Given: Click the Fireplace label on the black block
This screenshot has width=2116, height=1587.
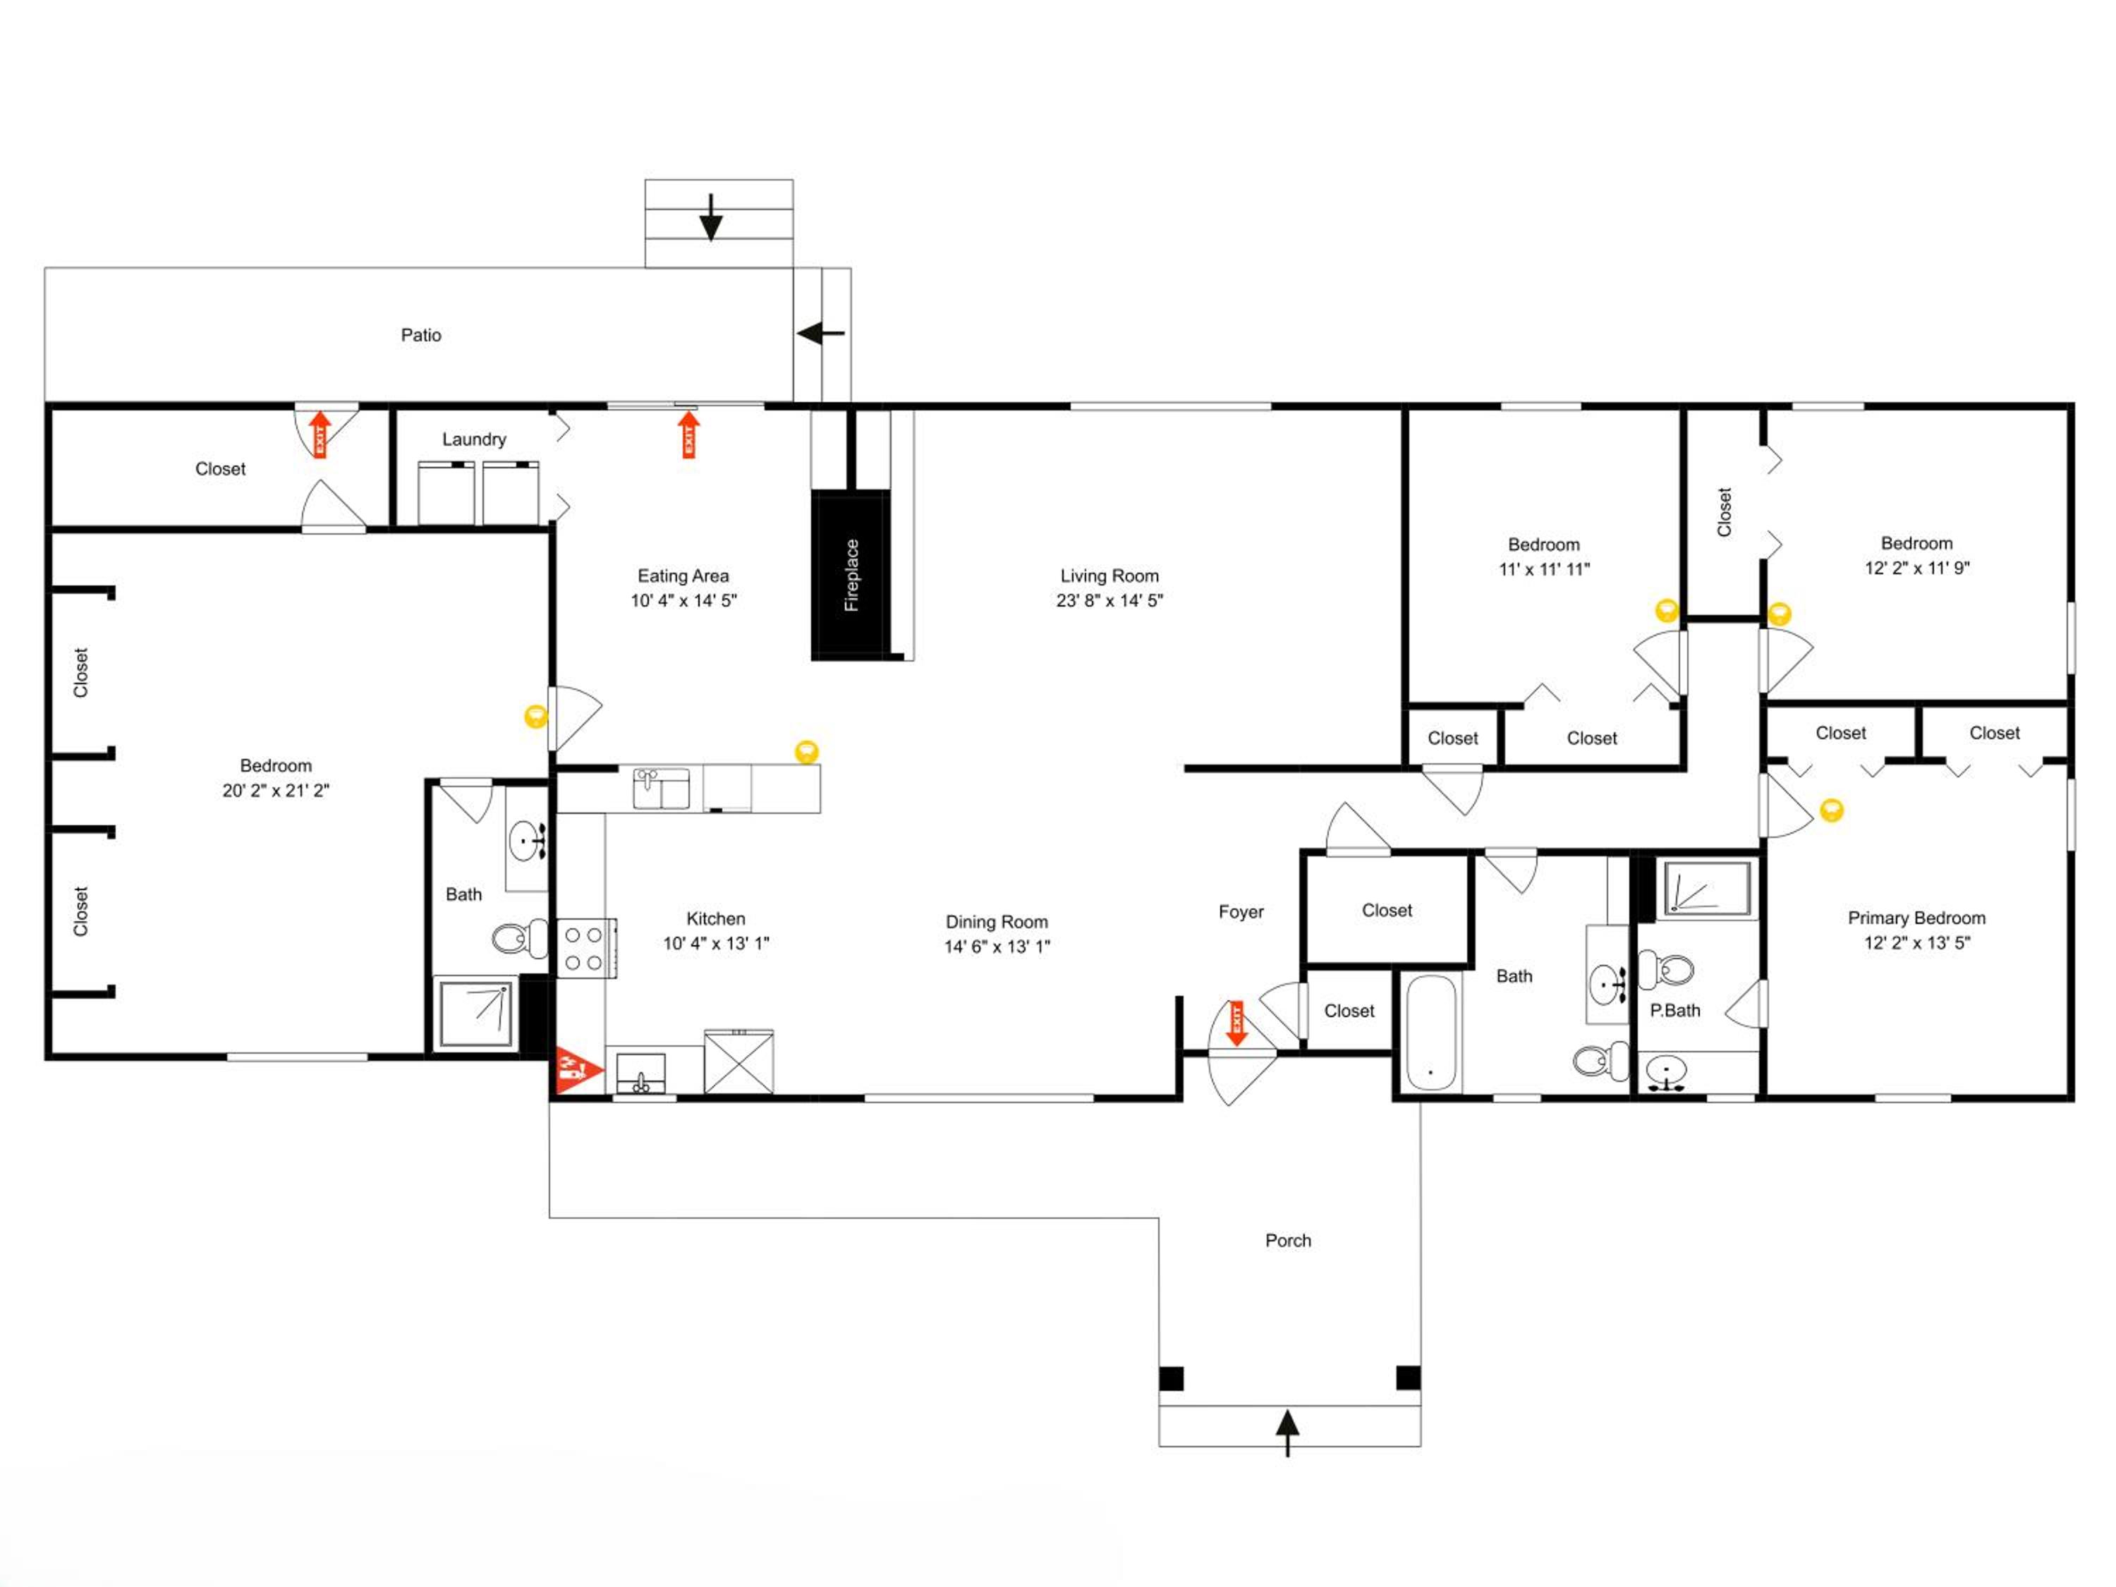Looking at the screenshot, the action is pos(851,575).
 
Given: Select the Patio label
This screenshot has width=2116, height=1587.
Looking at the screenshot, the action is pos(421,335).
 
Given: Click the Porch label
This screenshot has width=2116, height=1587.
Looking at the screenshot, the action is pos(1287,1241).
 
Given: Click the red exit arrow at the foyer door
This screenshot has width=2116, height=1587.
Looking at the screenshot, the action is pos(1236,1023).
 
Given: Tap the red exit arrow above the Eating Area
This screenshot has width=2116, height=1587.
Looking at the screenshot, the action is pos(688,434).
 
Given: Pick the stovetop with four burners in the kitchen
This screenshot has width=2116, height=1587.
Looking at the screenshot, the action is pos(585,948).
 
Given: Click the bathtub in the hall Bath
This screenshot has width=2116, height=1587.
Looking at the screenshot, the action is pos(1431,1033).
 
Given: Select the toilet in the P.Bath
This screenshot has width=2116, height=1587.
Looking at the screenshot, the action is pos(1665,969).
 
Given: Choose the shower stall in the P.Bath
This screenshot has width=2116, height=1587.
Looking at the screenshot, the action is pos(1708,889).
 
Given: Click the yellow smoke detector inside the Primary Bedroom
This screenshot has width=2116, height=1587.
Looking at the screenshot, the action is pos(1831,810).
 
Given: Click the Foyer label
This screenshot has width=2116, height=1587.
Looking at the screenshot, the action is pos(1241,911).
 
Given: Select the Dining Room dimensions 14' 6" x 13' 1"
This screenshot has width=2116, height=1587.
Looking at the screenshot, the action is pos(997,946).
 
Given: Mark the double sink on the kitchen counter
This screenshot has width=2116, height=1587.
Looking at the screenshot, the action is pos(661,789).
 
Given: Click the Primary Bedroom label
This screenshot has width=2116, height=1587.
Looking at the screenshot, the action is pos(1916,918).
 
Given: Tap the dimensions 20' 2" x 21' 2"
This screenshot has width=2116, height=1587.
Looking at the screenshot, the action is pos(276,790).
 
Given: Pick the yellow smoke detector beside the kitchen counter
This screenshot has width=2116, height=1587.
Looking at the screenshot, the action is pos(806,752).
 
